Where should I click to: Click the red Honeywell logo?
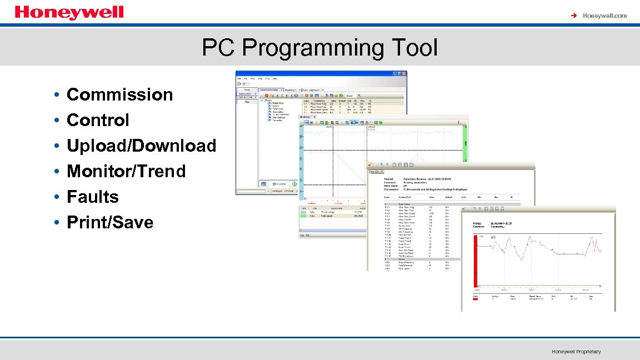(69, 12)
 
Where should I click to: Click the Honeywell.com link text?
(604, 16)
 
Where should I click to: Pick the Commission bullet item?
(119, 94)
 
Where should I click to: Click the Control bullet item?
(98, 120)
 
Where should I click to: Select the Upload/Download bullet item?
(141, 146)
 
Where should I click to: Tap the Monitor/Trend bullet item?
(126, 171)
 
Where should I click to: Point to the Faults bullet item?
(93, 197)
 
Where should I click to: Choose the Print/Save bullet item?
(110, 222)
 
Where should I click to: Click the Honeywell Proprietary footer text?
(576, 352)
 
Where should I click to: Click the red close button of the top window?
(404, 73)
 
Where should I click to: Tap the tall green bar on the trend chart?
(466, 144)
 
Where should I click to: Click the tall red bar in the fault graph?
(476, 261)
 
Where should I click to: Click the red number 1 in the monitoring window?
(458, 123)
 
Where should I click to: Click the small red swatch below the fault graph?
(476, 299)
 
